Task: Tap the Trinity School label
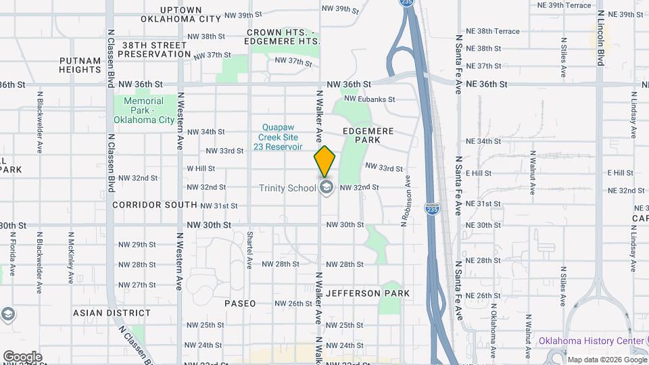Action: (287, 188)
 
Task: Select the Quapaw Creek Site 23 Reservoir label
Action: (279, 137)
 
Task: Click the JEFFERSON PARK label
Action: (368, 293)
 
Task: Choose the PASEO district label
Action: (240, 303)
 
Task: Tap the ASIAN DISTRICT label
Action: (112, 313)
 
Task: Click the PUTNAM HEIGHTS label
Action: (80, 65)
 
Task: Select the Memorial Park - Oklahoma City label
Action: (143, 110)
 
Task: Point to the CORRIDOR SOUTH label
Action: (155, 204)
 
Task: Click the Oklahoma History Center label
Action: (592, 341)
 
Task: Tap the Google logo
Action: (22, 356)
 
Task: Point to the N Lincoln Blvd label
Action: (600, 38)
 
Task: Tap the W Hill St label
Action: (201, 168)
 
